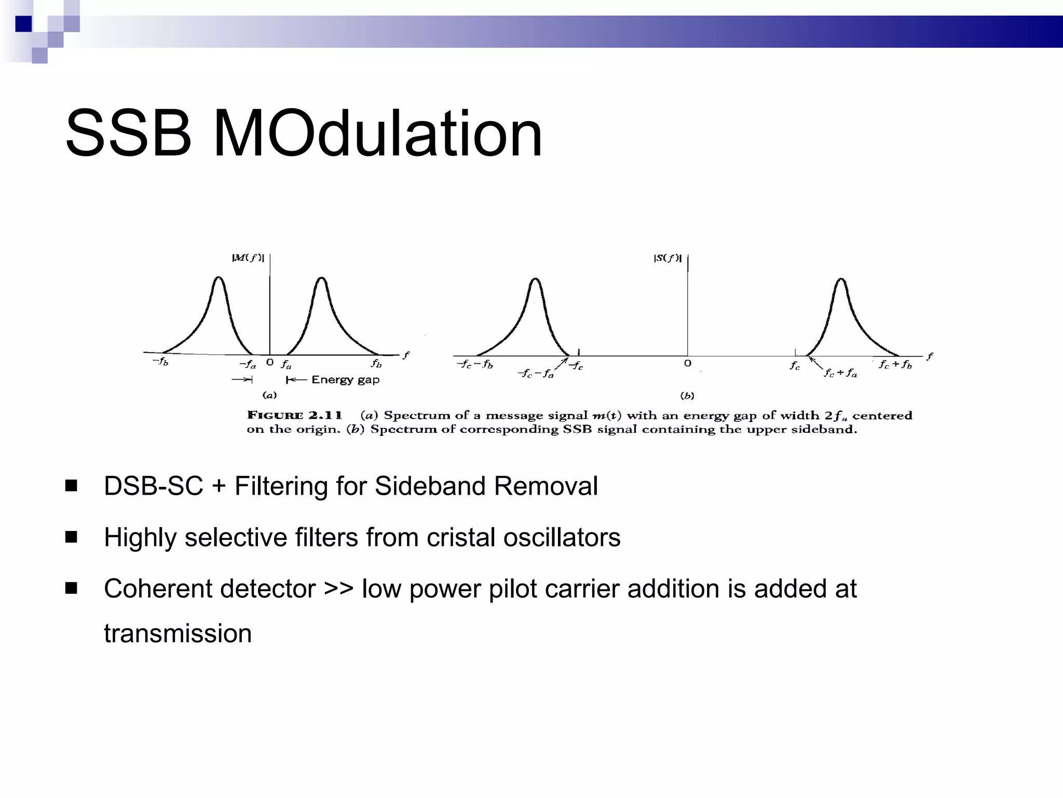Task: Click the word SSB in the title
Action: (128, 134)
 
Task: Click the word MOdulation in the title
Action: (377, 134)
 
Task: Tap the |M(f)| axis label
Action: (248, 258)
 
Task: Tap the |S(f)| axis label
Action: (667, 258)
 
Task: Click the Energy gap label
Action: (345, 380)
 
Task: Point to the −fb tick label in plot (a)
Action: (160, 361)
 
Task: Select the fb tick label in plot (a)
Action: (376, 363)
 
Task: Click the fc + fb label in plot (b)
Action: (895, 365)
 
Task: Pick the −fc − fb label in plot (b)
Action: (475, 365)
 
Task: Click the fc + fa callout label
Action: (840, 373)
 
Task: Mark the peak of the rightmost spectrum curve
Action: (841, 280)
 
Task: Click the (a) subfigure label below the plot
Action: (269, 395)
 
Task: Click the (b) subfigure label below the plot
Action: (687, 396)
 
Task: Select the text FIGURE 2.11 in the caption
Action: (294, 415)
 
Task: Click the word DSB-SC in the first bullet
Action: (153, 486)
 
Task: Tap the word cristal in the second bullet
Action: (460, 537)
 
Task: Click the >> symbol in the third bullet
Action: (338, 589)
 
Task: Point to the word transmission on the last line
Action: (178, 634)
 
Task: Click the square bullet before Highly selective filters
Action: (71, 537)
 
